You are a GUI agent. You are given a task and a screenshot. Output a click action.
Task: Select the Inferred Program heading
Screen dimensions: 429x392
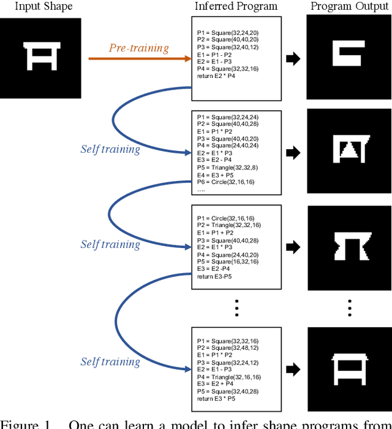click(x=236, y=7)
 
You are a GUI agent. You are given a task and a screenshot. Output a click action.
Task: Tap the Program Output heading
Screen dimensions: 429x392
click(x=348, y=7)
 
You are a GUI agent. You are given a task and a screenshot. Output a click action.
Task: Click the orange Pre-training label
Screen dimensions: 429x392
click(x=138, y=47)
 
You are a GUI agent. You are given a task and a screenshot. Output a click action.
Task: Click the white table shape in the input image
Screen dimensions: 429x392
click(x=40, y=58)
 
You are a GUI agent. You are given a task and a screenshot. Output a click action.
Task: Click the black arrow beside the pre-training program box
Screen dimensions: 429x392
click(x=293, y=59)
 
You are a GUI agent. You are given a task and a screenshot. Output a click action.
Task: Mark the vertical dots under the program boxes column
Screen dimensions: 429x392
click(x=236, y=307)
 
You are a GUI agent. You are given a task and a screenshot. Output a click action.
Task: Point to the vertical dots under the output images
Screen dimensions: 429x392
click(x=349, y=307)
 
